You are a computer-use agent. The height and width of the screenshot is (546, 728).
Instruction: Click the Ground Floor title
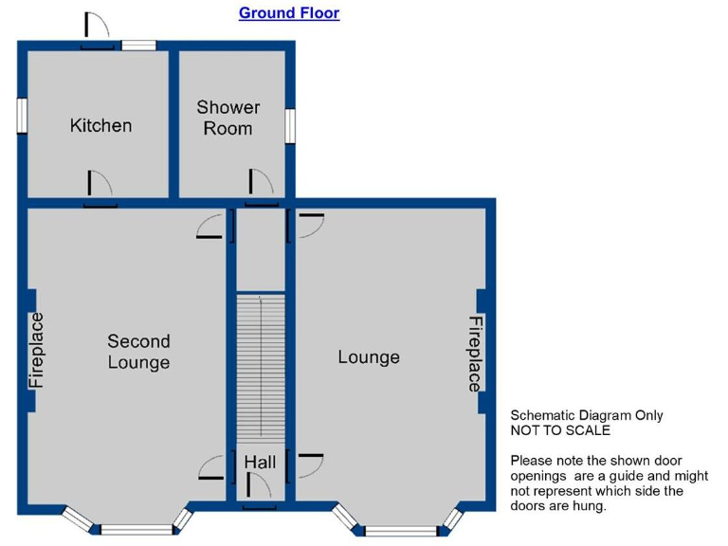(x=289, y=13)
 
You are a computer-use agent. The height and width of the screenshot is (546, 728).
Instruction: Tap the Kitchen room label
(x=100, y=125)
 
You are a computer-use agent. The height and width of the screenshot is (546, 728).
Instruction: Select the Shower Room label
(x=227, y=118)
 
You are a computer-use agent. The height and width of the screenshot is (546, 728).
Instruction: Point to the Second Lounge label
(x=138, y=352)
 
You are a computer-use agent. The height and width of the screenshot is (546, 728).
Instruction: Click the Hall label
(x=260, y=462)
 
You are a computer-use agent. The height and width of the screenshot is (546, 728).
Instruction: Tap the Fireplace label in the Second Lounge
(x=36, y=350)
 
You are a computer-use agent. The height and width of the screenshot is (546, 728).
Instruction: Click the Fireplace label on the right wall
(x=475, y=354)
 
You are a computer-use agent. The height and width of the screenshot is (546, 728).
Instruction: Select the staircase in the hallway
(x=261, y=367)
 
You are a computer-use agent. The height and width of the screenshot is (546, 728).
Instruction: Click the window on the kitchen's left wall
(x=22, y=115)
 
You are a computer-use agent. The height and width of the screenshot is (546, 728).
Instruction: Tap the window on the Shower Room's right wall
(x=290, y=126)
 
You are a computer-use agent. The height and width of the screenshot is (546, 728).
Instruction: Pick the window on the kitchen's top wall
(x=138, y=45)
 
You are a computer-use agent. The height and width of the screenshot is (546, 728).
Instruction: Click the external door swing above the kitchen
(x=97, y=26)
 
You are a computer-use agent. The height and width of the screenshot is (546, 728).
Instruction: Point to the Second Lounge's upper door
(x=209, y=227)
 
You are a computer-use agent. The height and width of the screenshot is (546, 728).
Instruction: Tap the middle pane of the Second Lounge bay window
(x=136, y=529)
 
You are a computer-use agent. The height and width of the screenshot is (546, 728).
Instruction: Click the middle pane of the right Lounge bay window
(x=401, y=531)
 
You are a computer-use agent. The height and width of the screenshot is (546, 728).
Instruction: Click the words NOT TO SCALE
(x=560, y=430)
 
